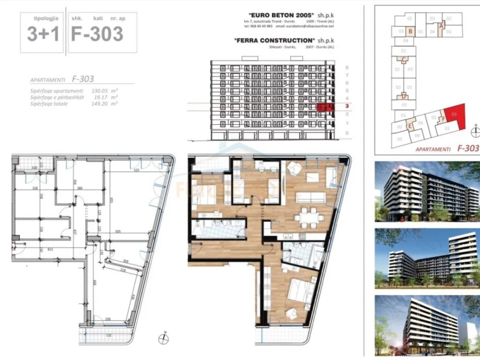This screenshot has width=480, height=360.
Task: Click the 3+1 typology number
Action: (42, 34)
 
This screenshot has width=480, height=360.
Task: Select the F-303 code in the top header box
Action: (97, 34)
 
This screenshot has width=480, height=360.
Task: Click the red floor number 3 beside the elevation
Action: (347, 106)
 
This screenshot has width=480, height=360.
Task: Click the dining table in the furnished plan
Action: (310, 218)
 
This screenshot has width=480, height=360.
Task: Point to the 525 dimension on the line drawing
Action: (136, 170)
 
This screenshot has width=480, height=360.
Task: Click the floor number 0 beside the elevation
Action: (347, 133)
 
